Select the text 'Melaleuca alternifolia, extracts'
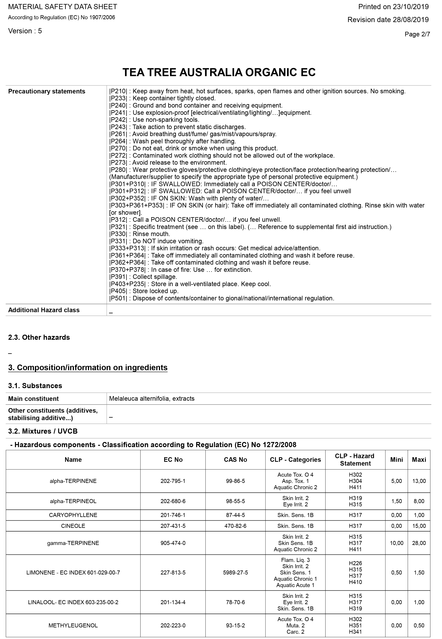(x=152, y=398)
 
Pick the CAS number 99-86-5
(x=235, y=481)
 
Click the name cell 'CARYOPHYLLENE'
(x=73, y=515)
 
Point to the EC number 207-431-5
(x=173, y=526)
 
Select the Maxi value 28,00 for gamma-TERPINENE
(x=419, y=543)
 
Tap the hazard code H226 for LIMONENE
(x=355, y=563)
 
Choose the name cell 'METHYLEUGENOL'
(x=73, y=625)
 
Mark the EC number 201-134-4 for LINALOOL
(x=173, y=602)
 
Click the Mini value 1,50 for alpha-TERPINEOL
(x=396, y=501)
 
